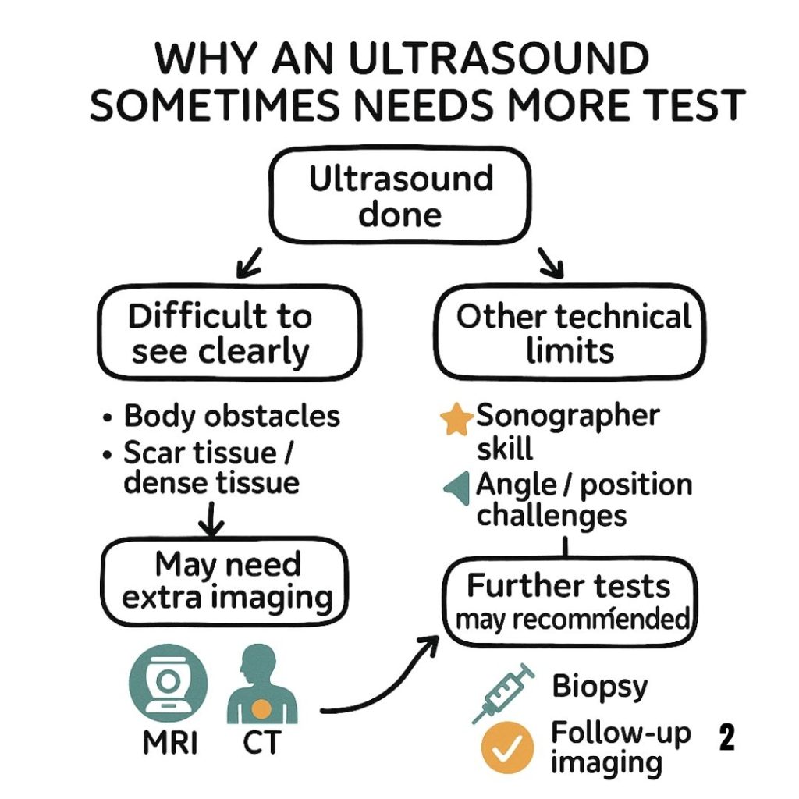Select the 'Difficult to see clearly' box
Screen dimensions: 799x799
(x=221, y=334)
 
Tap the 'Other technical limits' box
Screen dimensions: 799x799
(x=571, y=334)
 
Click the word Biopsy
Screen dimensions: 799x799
(x=599, y=687)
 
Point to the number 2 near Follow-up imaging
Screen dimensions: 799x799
(x=726, y=737)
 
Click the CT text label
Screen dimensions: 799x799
(x=261, y=744)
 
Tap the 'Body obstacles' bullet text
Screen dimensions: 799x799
(x=232, y=416)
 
